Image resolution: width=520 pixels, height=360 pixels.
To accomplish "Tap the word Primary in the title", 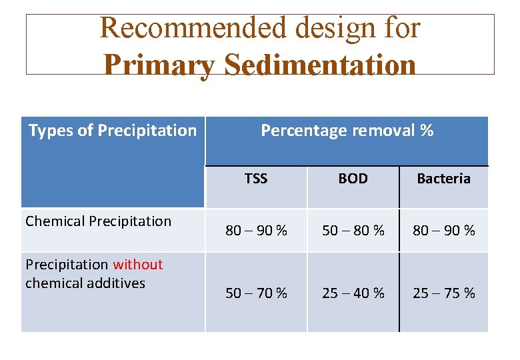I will click(159, 65).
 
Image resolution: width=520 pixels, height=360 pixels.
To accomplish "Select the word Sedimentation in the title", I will click(321, 65).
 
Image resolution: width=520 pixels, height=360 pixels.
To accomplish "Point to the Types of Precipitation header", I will click(113, 131).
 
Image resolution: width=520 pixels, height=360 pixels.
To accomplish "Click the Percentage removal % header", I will click(347, 131).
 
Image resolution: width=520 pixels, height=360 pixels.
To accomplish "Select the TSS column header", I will click(255, 179).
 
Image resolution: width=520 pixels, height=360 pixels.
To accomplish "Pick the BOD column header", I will click(353, 179).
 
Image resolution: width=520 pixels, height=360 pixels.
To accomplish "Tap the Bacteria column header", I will click(443, 179).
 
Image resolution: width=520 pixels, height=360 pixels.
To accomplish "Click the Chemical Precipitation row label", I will click(98, 221).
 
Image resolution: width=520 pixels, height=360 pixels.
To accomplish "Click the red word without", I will click(137, 265).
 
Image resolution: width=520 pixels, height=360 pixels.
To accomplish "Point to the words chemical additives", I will click(85, 283).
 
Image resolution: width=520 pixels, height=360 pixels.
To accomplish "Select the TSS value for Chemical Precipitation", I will click(256, 231).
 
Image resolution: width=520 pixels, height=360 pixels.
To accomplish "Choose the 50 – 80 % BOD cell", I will click(353, 231).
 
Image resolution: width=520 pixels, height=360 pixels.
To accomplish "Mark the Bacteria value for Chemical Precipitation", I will click(443, 231).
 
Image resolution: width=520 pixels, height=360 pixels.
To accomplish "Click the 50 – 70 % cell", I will click(256, 293).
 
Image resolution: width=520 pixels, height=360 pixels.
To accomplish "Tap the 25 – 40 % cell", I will click(353, 293).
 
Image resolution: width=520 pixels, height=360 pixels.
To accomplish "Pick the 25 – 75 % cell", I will click(443, 293).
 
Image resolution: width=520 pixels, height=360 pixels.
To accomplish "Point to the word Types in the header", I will click(51, 131).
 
